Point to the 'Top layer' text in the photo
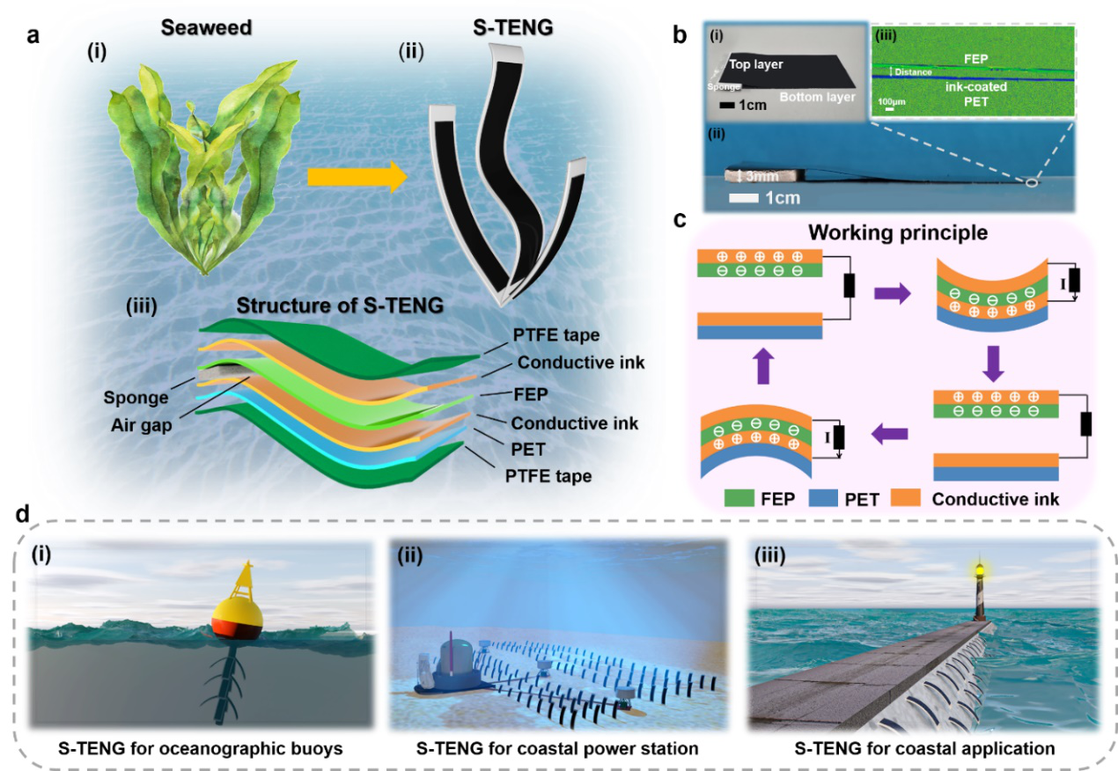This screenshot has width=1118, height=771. click(x=775, y=64)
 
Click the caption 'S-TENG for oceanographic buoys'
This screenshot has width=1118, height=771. click(x=192, y=748)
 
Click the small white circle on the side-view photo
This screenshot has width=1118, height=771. click(x=1031, y=183)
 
